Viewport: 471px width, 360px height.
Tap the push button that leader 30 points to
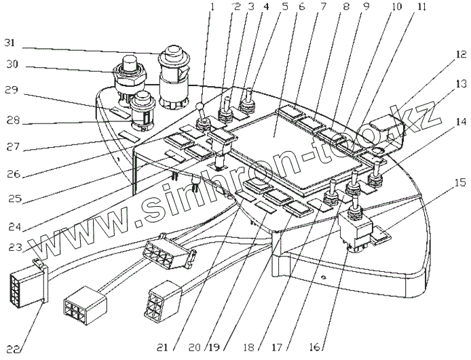click(128, 71)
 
